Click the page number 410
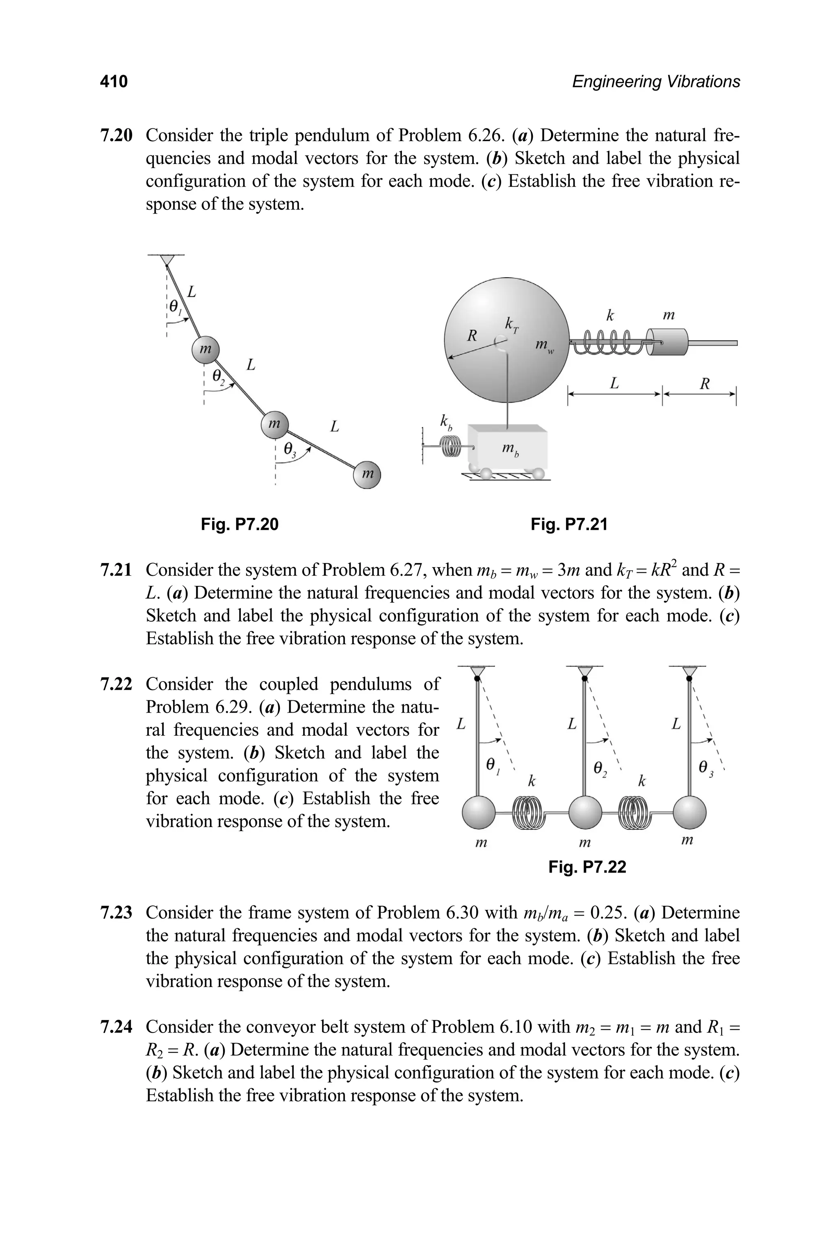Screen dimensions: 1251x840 pyautogui.click(x=114, y=82)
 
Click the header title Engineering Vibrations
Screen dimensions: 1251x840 pyautogui.click(x=656, y=82)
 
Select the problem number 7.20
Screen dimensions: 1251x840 pyautogui.click(x=116, y=135)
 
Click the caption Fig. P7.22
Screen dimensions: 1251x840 pyautogui.click(x=587, y=866)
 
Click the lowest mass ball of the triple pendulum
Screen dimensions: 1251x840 pyautogui.click(x=367, y=474)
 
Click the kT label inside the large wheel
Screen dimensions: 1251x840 pyautogui.click(x=511, y=324)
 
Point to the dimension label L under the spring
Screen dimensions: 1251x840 pyautogui.click(x=614, y=383)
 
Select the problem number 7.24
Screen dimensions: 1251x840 pyautogui.click(x=116, y=1027)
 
